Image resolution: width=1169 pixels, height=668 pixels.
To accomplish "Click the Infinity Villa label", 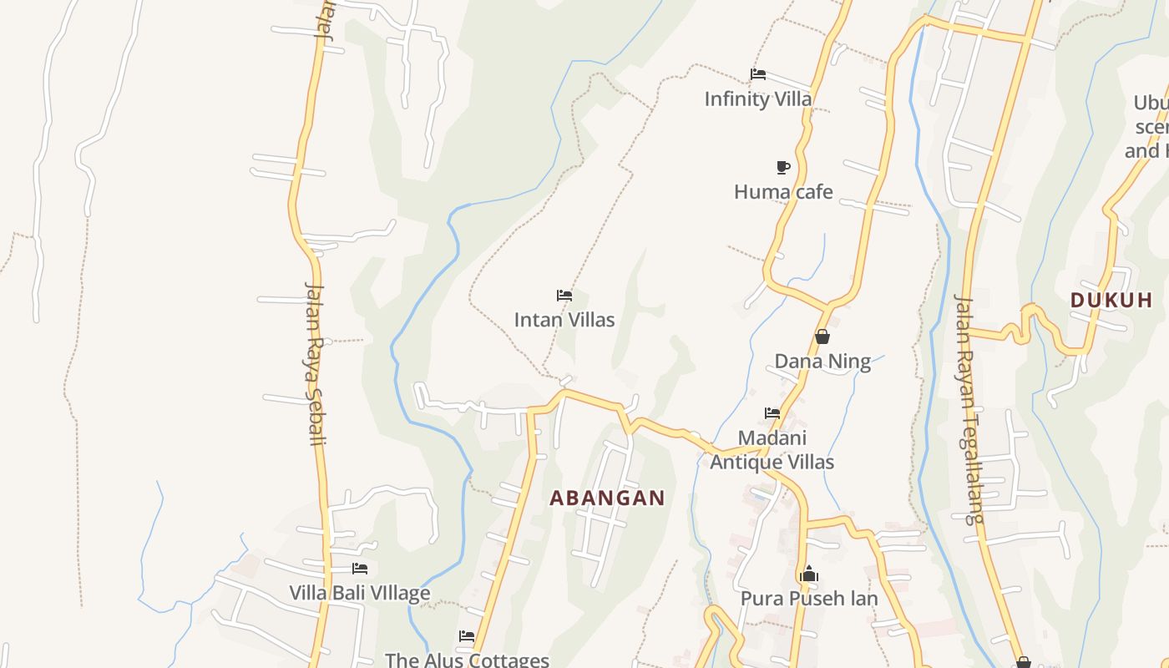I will pyautogui.click(x=757, y=99).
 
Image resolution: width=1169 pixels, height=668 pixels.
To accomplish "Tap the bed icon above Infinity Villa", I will pyautogui.click(x=758, y=73).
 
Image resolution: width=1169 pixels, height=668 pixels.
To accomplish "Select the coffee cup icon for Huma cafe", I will pyautogui.click(x=783, y=167).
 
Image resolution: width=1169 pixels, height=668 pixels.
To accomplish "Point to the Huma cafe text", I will pyautogui.click(x=783, y=192).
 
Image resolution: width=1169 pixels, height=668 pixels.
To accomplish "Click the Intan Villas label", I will pyautogui.click(x=564, y=320).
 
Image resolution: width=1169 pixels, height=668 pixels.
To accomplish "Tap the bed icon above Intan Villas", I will pyautogui.click(x=564, y=296).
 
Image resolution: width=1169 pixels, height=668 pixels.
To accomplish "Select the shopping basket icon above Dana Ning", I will pyautogui.click(x=822, y=337).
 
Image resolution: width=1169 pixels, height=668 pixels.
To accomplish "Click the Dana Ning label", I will pyautogui.click(x=822, y=362).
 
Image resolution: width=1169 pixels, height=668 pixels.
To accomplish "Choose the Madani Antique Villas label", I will pyautogui.click(x=772, y=450).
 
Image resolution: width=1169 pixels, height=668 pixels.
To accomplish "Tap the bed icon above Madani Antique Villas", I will pyautogui.click(x=772, y=413).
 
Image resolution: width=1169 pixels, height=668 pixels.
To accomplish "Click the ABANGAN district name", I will pyautogui.click(x=608, y=498).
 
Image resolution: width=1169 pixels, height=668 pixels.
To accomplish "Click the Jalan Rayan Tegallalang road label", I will pyautogui.click(x=969, y=409).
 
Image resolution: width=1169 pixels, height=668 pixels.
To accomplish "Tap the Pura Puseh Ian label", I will pyautogui.click(x=809, y=599).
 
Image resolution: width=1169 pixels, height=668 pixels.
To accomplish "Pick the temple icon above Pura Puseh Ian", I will pyautogui.click(x=808, y=574).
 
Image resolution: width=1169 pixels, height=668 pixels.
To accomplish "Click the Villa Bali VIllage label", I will pyautogui.click(x=360, y=593).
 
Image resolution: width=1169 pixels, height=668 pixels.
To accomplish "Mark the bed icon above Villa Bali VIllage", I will pyautogui.click(x=360, y=569).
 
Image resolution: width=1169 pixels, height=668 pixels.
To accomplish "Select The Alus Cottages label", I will pyautogui.click(x=467, y=660).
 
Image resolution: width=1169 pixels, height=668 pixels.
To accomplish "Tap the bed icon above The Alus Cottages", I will pyautogui.click(x=467, y=636).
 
